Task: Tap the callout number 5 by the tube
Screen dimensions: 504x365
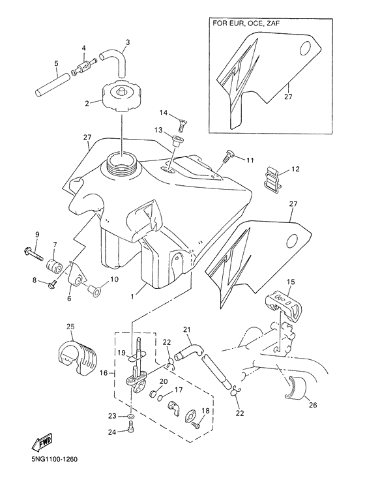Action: coord(56,63)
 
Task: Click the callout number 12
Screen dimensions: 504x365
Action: coord(295,170)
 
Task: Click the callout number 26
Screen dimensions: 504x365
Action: coord(312,405)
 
